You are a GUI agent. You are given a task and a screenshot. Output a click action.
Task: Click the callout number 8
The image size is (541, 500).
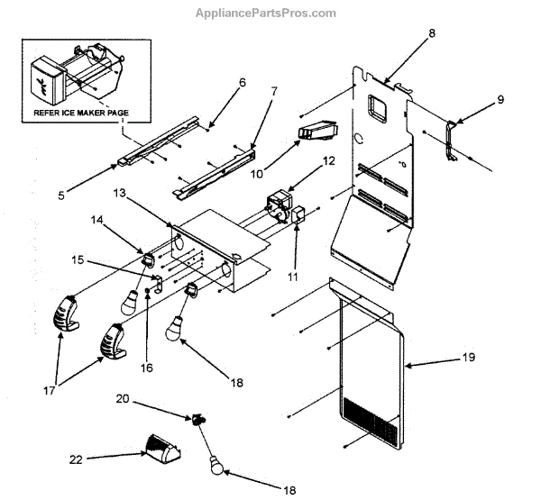[431, 33]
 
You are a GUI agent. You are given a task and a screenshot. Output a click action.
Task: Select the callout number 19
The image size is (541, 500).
[467, 359]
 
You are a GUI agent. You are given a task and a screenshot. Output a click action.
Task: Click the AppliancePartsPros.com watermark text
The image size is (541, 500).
[266, 14]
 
